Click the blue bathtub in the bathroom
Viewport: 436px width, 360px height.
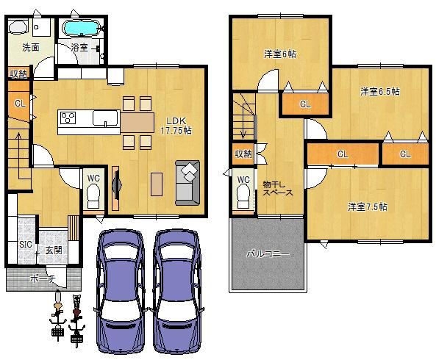click(81, 28)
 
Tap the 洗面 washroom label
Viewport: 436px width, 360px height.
click(31, 48)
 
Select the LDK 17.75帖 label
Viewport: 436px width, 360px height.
click(176, 126)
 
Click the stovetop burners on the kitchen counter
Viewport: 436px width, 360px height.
click(68, 118)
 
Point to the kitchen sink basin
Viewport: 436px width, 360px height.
click(105, 118)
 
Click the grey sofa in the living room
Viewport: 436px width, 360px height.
click(187, 183)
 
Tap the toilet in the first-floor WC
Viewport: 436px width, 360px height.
click(93, 196)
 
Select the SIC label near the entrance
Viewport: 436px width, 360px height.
click(26, 245)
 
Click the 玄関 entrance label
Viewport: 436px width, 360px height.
click(54, 251)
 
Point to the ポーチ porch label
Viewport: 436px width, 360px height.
click(43, 278)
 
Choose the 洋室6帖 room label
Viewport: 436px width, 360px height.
click(280, 54)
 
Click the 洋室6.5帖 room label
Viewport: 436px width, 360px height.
click(380, 91)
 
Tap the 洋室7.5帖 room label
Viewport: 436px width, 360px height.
click(368, 206)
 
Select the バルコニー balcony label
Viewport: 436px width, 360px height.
click(268, 254)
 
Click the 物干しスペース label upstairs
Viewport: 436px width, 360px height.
click(277, 188)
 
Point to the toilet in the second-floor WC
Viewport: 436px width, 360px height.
click(243, 196)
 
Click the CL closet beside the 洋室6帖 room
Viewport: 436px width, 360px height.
click(305, 104)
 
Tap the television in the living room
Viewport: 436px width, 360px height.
click(116, 184)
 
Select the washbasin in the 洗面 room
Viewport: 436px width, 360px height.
click(18, 27)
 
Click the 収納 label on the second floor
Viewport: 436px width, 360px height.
click(243, 154)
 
